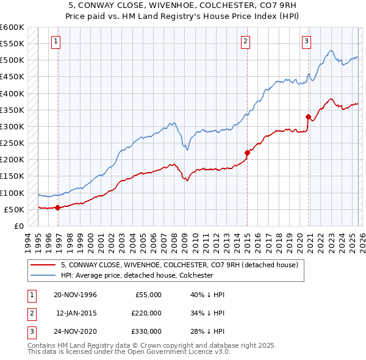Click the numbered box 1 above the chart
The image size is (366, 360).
[x=56, y=41]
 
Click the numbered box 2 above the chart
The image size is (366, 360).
[x=245, y=41]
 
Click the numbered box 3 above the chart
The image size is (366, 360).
[x=306, y=41]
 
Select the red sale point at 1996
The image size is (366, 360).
[x=57, y=207]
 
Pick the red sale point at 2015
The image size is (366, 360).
[x=247, y=153]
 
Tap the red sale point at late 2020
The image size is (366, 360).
[x=308, y=117]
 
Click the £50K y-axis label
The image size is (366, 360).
[x=14, y=209]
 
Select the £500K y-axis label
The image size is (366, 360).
[x=12, y=60]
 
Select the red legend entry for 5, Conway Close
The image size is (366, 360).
[x=179, y=265]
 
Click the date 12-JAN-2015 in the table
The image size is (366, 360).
[x=76, y=313]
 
